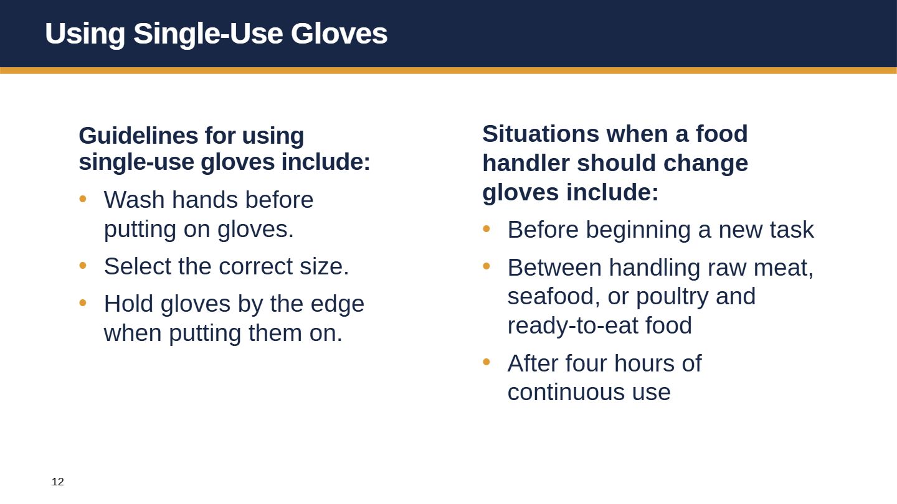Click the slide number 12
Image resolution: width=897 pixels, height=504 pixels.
pyautogui.click(x=58, y=482)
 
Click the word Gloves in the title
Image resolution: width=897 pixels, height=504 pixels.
pyautogui.click(x=339, y=33)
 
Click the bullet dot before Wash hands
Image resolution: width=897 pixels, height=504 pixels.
pyautogui.click(x=83, y=199)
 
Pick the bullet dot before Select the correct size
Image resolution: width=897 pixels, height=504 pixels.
pyautogui.click(x=83, y=265)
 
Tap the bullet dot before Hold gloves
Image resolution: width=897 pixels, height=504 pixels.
pyautogui.click(x=83, y=303)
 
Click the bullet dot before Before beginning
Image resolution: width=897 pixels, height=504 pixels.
pyautogui.click(x=486, y=229)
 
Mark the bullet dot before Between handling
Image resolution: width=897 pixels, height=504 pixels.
pyautogui.click(x=486, y=266)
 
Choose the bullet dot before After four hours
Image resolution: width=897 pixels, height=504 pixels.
pyautogui.click(x=486, y=362)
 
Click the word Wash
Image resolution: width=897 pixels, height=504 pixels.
pyautogui.click(x=134, y=200)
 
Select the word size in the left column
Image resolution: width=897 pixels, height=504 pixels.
pyautogui.click(x=325, y=266)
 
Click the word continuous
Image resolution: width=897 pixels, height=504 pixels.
pyautogui.click(x=566, y=393)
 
